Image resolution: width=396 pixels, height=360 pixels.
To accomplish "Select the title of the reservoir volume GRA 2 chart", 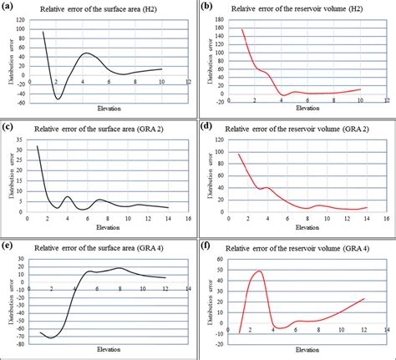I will coord(298,128).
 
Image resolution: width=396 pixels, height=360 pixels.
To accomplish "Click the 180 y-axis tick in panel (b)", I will coord(220,19).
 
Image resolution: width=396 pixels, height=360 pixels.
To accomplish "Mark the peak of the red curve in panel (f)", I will coord(259,271).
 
